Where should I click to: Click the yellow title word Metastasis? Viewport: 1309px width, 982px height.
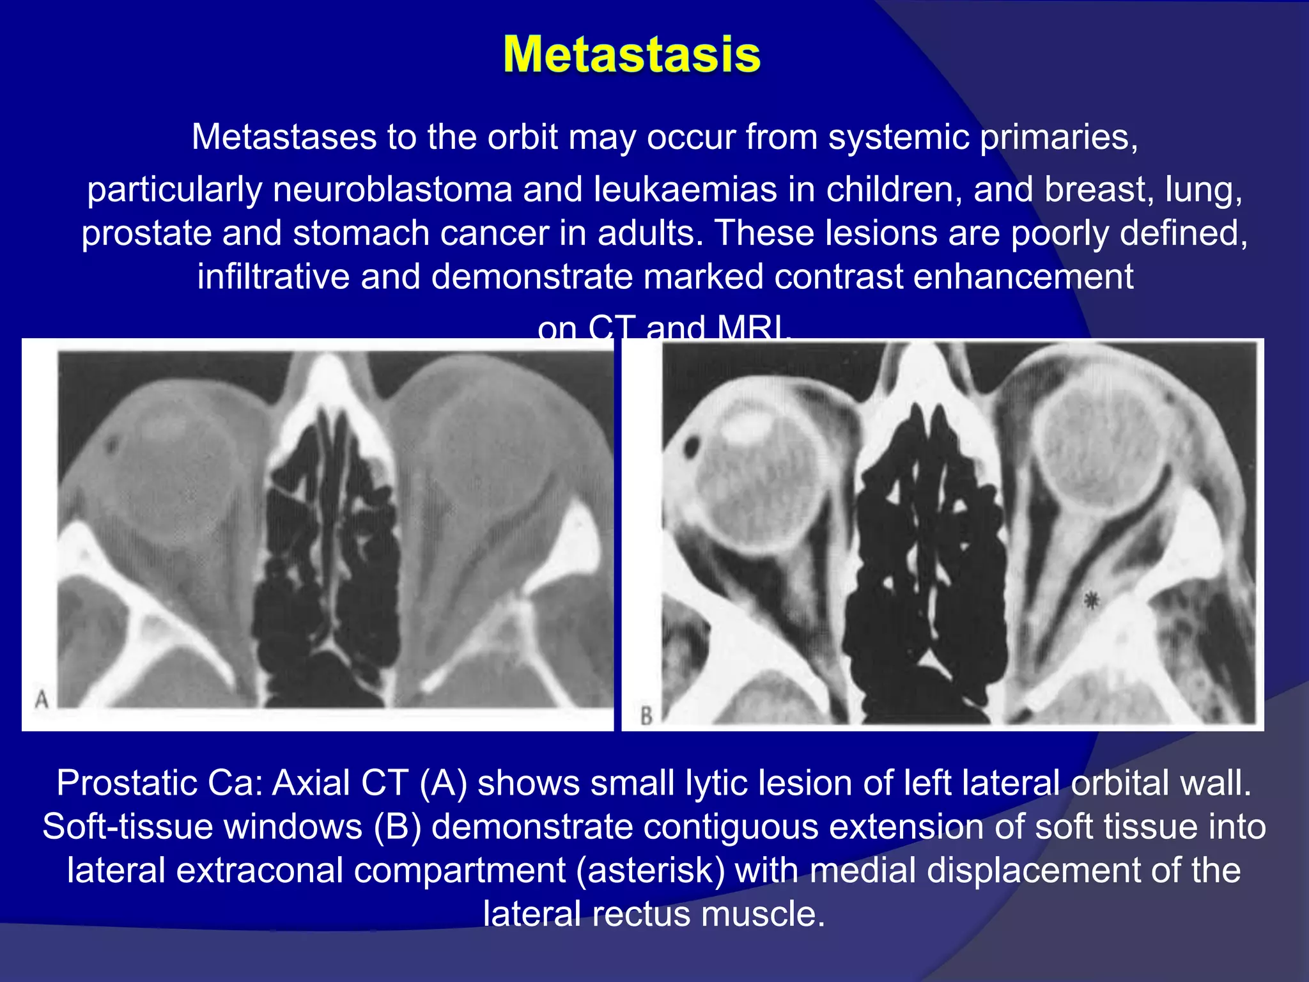pos(631,55)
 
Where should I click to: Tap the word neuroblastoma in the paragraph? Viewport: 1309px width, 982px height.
pos(392,190)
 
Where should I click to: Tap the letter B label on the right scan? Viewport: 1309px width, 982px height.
pos(646,715)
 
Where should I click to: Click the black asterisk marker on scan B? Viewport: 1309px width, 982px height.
pos(1092,600)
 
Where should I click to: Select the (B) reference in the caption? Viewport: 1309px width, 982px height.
pos(398,827)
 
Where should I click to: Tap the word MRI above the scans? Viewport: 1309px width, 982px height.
pos(753,330)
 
